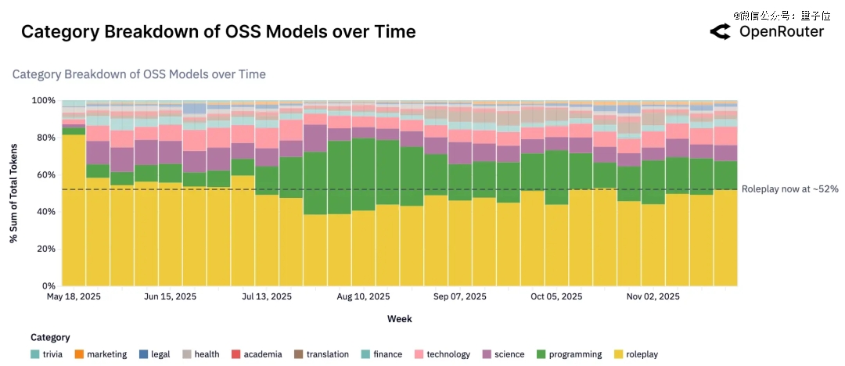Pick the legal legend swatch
[x=143, y=354]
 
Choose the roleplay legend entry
[x=642, y=354]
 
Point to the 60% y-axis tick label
[x=45, y=174]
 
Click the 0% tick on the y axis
[x=48, y=285]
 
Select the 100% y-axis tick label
[x=42, y=101]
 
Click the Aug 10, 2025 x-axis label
[x=363, y=297]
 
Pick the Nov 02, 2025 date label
[x=653, y=297]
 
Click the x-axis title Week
[x=399, y=319]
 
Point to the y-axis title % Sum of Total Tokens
[x=14, y=193]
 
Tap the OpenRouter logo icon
[x=720, y=32]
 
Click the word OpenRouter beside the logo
[x=782, y=32]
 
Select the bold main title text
[x=218, y=32]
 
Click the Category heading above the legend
[x=50, y=338]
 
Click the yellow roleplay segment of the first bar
[x=74, y=211]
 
